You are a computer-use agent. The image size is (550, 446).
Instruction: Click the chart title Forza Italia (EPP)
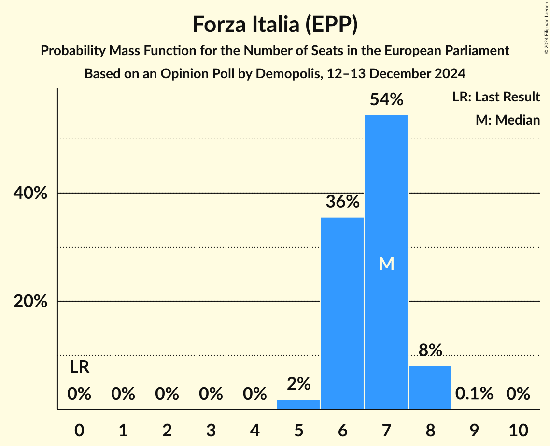pos(275,24)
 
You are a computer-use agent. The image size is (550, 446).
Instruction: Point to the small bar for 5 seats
pos(298,404)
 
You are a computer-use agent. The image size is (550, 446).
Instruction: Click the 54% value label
pos(386,99)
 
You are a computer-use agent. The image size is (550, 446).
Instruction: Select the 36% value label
pos(342,202)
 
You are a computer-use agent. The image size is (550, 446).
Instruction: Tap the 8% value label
pos(430,350)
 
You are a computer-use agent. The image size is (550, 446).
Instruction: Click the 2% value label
pos(298,384)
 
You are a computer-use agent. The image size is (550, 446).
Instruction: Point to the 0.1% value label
pos(474,394)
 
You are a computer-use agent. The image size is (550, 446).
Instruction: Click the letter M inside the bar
pos(386,264)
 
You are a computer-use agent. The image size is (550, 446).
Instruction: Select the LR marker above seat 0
pos(79,367)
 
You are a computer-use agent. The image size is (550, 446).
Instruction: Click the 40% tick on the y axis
pos(30,193)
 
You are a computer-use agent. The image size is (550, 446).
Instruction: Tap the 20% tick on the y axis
pos(30,301)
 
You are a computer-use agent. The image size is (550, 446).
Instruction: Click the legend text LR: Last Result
pos(496,97)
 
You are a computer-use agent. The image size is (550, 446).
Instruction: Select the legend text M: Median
pos(508,120)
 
